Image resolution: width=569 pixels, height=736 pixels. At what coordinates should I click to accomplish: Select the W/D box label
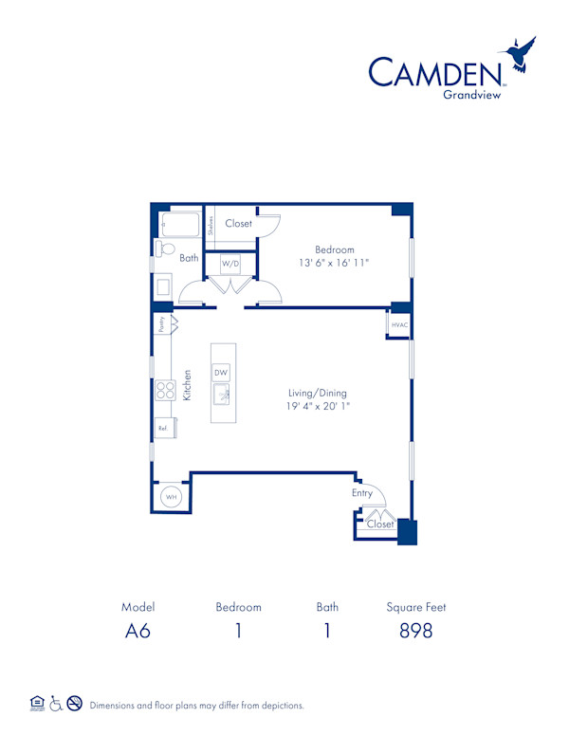pyautogui.click(x=230, y=263)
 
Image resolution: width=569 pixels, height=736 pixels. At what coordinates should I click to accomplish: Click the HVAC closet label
pyautogui.click(x=398, y=325)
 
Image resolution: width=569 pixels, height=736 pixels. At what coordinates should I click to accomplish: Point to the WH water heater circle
pyautogui.click(x=172, y=496)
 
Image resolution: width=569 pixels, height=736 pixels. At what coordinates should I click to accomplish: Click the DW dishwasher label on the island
pyautogui.click(x=221, y=373)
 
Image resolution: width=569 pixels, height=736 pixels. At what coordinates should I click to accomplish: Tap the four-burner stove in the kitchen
pyautogui.click(x=165, y=390)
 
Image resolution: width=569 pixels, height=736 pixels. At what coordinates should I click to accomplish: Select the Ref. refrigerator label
pyautogui.click(x=163, y=429)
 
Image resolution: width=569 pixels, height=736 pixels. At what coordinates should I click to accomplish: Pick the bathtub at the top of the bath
pyautogui.click(x=181, y=226)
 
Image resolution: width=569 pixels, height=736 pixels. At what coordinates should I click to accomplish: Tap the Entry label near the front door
pyautogui.click(x=362, y=493)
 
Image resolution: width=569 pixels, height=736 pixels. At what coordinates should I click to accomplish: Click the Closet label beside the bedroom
pyautogui.click(x=238, y=224)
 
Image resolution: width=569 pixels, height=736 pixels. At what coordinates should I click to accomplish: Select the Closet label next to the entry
pyautogui.click(x=380, y=524)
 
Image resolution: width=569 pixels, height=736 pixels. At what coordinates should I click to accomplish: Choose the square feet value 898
pyautogui.click(x=415, y=631)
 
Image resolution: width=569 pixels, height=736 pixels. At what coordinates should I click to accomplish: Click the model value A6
pyautogui.click(x=138, y=631)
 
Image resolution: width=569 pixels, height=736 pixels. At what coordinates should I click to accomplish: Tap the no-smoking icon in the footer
pyautogui.click(x=74, y=704)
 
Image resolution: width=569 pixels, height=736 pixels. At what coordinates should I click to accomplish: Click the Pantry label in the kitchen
pyautogui.click(x=162, y=323)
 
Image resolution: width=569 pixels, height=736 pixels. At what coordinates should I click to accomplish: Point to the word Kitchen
pyautogui.click(x=188, y=384)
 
